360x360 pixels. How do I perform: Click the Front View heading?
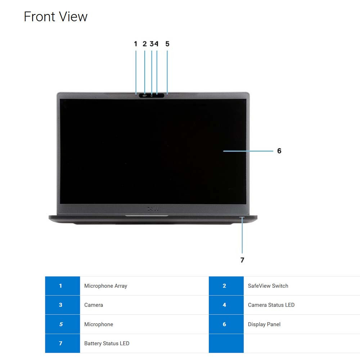[x=55, y=17]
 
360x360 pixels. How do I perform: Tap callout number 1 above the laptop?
[x=136, y=44]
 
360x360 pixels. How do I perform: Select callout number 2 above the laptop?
[x=145, y=44]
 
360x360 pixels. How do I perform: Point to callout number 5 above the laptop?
[x=167, y=44]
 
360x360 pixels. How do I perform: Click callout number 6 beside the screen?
[x=279, y=151]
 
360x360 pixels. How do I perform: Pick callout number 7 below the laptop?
[x=242, y=260]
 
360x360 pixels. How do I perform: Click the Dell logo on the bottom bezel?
[x=152, y=209]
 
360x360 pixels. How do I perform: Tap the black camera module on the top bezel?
[x=152, y=95]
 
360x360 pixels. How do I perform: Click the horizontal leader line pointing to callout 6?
[x=248, y=151]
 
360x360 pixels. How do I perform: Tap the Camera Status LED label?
[x=271, y=305]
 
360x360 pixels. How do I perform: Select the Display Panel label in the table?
[x=264, y=324]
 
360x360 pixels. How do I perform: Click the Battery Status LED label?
[x=107, y=343]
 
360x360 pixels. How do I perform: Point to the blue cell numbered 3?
[x=62, y=305]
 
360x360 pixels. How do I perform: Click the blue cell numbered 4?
[x=226, y=305]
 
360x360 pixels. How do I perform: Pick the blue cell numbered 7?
[x=62, y=343]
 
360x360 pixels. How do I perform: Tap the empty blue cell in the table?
[x=226, y=343]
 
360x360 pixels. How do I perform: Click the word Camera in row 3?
[x=94, y=305]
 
